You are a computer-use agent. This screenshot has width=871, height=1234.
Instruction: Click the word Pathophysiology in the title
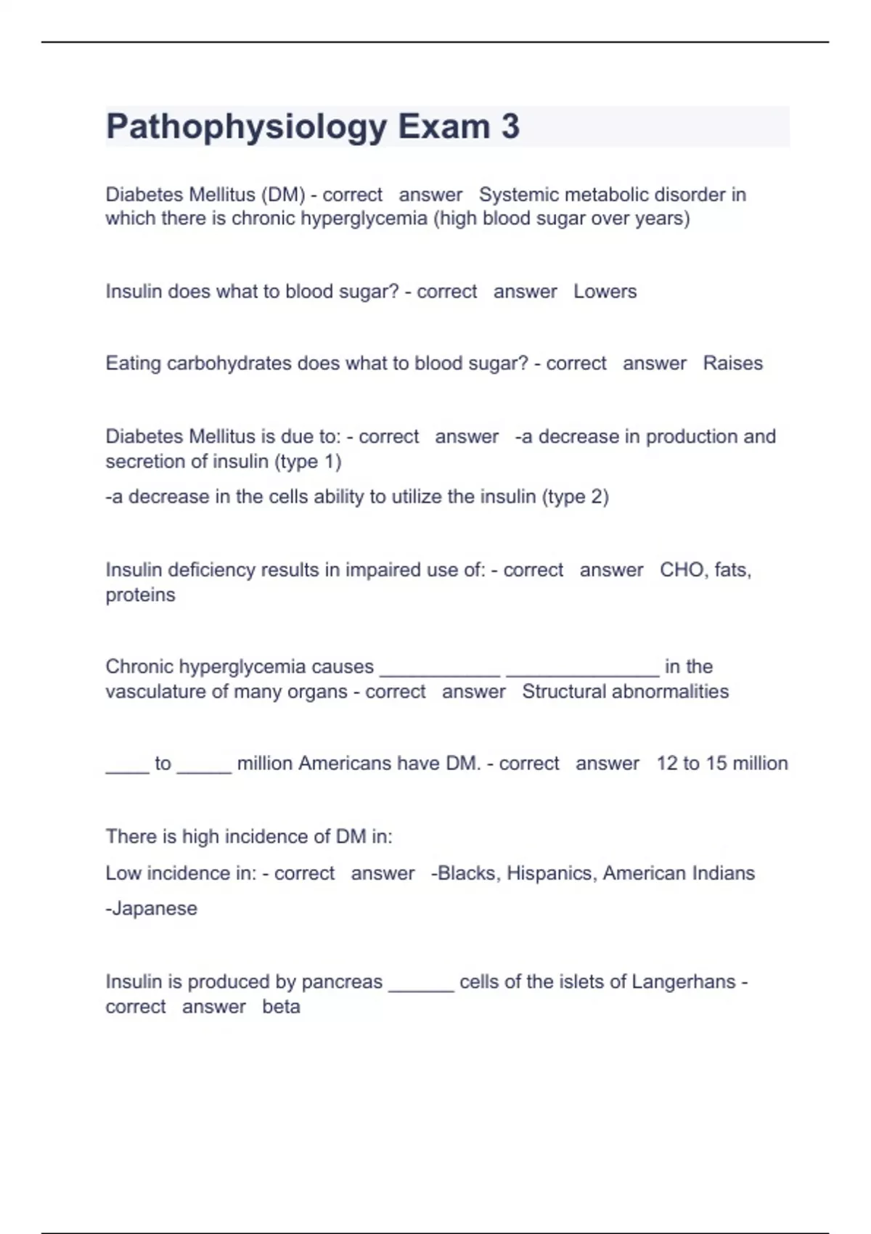pos(246,127)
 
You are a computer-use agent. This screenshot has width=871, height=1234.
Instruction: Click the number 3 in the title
pos(510,126)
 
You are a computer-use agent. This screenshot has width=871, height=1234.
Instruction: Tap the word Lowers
pos(605,291)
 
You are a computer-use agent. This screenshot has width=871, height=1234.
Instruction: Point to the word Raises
pos(732,363)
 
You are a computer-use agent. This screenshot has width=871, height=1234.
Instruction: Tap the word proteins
pos(140,594)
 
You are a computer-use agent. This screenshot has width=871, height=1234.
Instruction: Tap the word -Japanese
pos(151,908)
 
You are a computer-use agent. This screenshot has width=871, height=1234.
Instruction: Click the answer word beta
pos(281,1006)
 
